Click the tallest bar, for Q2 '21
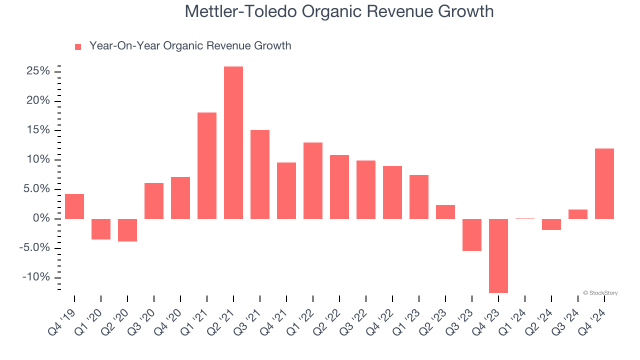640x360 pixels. pyautogui.click(x=233, y=142)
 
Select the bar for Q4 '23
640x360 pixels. pyautogui.click(x=498, y=255)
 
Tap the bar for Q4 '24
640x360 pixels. pyautogui.click(x=604, y=183)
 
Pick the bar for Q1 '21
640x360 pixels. pyautogui.click(x=207, y=165)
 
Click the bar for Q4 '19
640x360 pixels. pyautogui.click(x=74, y=206)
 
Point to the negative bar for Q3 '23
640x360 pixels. pyautogui.click(x=472, y=234)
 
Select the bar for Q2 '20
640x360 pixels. pyautogui.click(x=127, y=230)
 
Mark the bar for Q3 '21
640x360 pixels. pyautogui.click(x=260, y=174)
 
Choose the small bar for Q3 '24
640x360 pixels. pyautogui.click(x=578, y=214)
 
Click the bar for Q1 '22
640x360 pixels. pyautogui.click(x=313, y=180)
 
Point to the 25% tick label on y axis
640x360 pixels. pyautogui.click(x=37, y=71)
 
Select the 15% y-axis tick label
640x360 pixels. pyautogui.click(x=37, y=130)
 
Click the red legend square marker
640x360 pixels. pyautogui.click(x=78, y=47)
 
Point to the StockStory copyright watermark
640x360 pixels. pyautogui.click(x=600, y=293)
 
